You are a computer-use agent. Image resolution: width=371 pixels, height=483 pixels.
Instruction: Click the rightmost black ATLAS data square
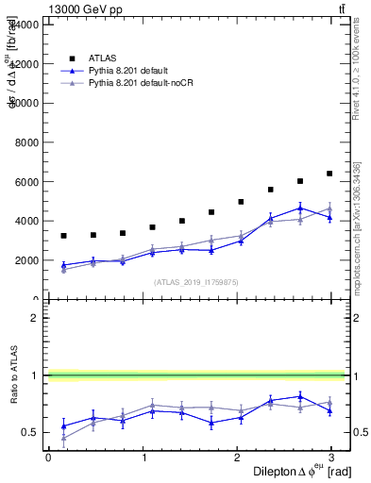click(329, 174)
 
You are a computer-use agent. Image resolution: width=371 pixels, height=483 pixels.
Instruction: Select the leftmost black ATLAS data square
click(63, 236)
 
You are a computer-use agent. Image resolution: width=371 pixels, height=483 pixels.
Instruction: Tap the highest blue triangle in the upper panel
click(300, 208)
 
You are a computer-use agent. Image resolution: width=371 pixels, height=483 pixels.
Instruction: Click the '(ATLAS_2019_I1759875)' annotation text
click(196, 281)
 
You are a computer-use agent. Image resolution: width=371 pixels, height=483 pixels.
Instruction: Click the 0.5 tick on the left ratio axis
click(28, 433)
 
